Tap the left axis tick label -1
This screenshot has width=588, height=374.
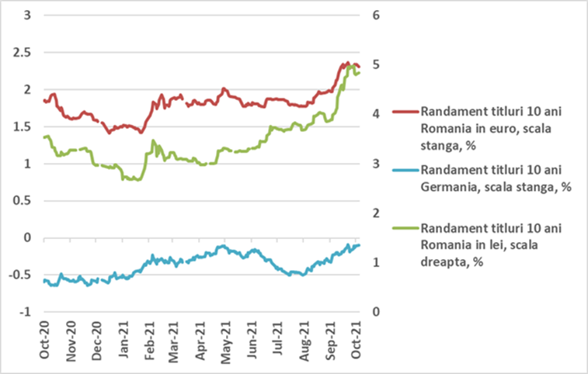tap(23, 312)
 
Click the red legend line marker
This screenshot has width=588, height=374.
tap(404, 112)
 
